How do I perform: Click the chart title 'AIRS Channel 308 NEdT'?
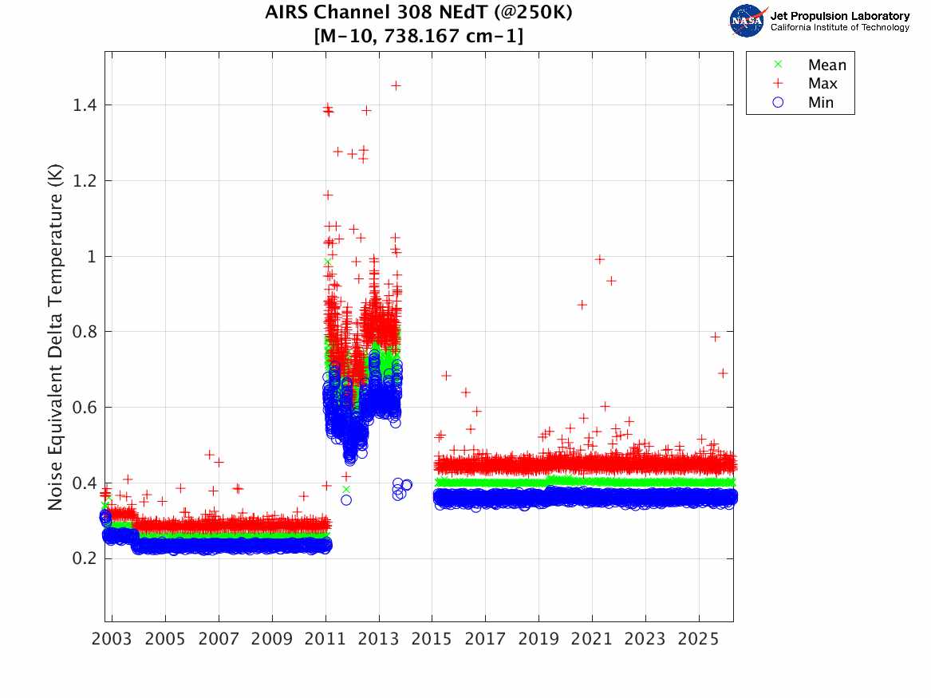click(418, 14)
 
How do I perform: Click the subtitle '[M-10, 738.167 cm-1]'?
click(418, 36)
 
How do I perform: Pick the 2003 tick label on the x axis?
click(112, 640)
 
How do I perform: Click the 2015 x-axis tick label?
click(432, 640)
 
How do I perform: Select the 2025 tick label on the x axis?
click(698, 640)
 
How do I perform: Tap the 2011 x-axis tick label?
click(325, 640)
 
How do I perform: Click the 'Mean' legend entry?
click(826, 65)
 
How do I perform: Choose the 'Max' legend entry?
click(822, 84)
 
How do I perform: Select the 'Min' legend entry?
click(820, 103)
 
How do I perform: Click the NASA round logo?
click(748, 20)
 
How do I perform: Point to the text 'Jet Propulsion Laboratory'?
click(839, 16)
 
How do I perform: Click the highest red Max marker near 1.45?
click(395, 85)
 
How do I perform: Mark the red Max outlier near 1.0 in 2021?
click(599, 258)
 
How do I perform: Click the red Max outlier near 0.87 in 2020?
click(582, 305)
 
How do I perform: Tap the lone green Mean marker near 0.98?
click(327, 262)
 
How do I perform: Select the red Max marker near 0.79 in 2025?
click(716, 337)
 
